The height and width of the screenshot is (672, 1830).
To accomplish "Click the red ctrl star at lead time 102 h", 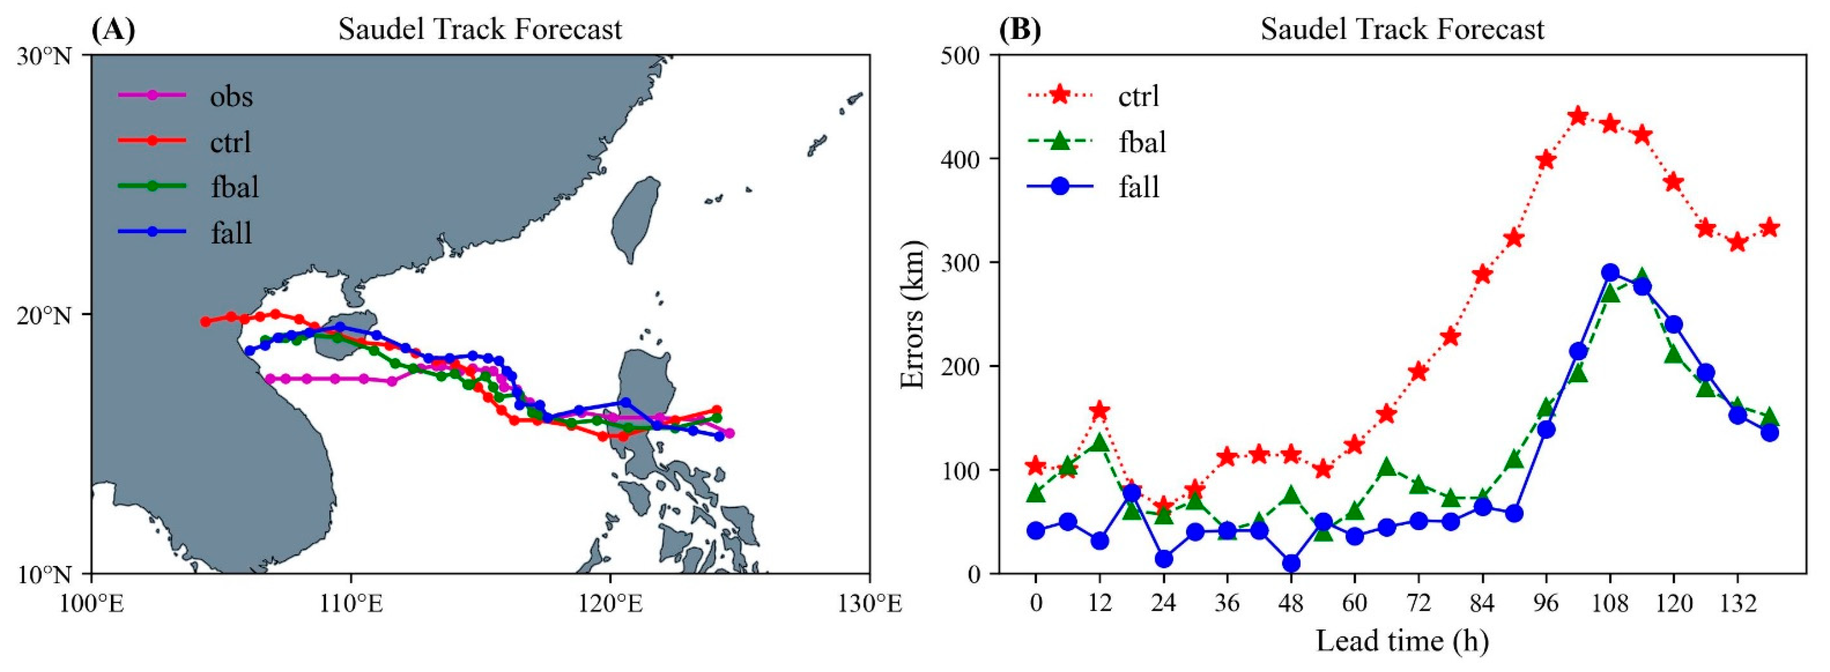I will point(1578,116).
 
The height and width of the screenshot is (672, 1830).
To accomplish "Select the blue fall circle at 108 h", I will point(1610,273).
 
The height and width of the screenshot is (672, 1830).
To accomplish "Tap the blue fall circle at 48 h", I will point(1291,563).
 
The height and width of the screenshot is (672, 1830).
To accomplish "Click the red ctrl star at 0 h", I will point(1036,466).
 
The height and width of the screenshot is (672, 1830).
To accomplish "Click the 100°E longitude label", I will point(91,604).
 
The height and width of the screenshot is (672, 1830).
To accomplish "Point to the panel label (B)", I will point(1020,29).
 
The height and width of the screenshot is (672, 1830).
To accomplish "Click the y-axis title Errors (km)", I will point(913,315).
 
